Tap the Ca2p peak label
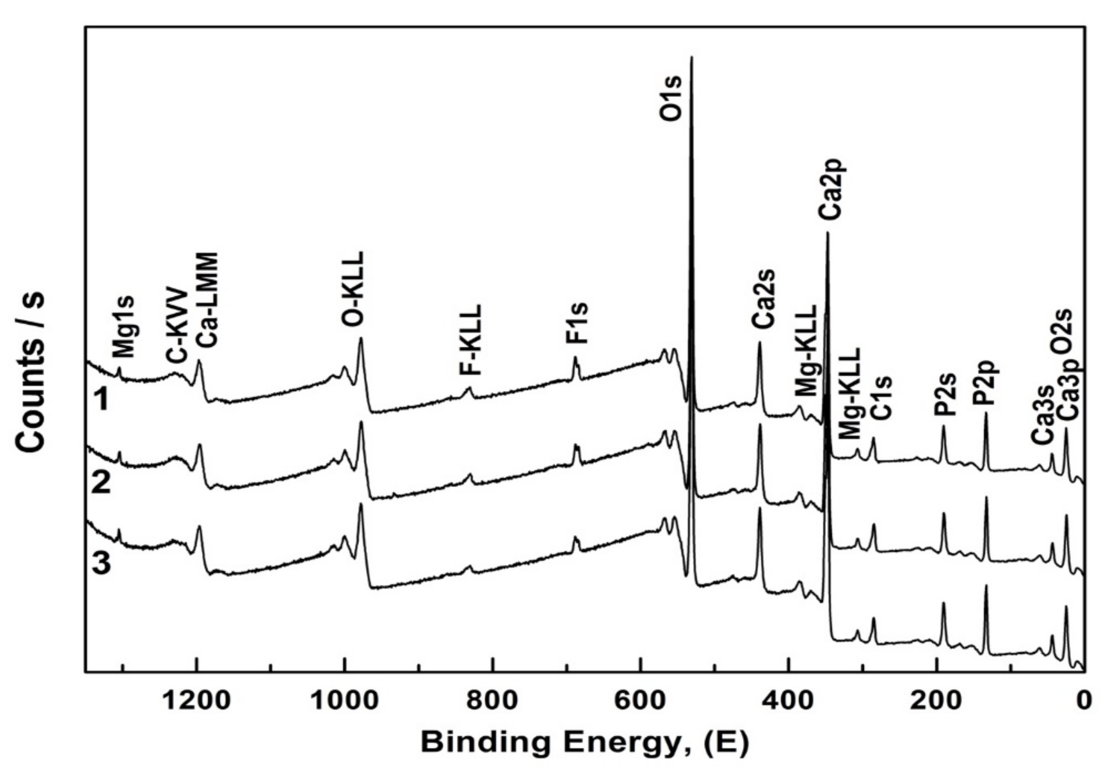tap(832, 190)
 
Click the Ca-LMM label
tap(208, 300)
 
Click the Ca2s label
tap(764, 299)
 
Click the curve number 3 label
tap(101, 564)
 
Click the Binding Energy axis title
tap(584, 742)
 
